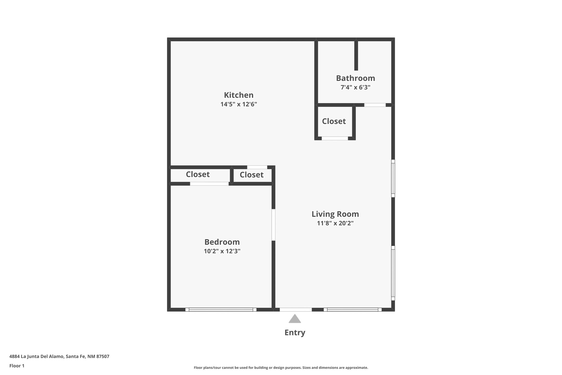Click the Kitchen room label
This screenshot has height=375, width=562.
[x=239, y=95]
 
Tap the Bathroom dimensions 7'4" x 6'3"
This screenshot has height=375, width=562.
[x=355, y=87]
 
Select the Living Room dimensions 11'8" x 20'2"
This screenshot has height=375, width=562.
[x=335, y=223]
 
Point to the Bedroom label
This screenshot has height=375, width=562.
[x=222, y=242]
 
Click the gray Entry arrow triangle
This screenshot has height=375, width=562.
[x=295, y=319]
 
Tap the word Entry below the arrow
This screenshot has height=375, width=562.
[x=295, y=333]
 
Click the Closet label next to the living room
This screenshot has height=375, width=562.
[x=334, y=121]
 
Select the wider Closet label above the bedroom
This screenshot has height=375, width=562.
[x=198, y=174]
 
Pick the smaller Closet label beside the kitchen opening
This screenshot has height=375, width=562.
[x=252, y=175]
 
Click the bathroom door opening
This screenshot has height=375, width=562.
[x=375, y=105]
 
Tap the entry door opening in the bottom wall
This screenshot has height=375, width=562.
[x=296, y=310]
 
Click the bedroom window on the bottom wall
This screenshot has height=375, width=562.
[x=221, y=310]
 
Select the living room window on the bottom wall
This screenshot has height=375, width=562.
[x=353, y=310]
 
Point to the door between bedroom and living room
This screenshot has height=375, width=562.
[x=273, y=225]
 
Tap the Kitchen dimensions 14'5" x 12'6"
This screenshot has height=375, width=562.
[x=239, y=104]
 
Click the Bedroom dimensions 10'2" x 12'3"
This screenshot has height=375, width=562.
[x=222, y=251]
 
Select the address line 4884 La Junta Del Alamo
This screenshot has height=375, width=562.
[x=59, y=357]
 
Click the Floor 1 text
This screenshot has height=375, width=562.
[x=17, y=366]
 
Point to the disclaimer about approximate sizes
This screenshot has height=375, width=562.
[x=281, y=368]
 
